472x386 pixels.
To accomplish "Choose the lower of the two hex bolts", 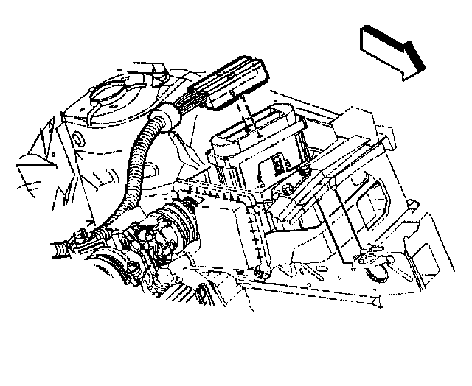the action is point(289,193).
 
